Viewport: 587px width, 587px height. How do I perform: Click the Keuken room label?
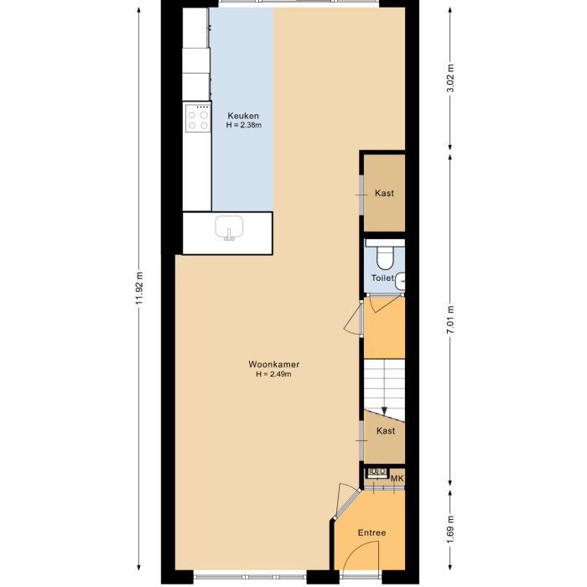(x=243, y=116)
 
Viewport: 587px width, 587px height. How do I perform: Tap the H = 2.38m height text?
(x=243, y=125)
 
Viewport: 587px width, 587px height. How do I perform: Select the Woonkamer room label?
(x=274, y=365)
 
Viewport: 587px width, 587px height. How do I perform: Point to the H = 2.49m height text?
(x=274, y=375)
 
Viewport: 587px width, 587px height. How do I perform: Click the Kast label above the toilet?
(x=385, y=193)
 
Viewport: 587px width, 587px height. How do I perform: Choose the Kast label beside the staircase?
(x=386, y=431)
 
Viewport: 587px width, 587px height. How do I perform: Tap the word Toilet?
(x=382, y=278)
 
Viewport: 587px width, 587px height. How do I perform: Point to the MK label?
(x=397, y=478)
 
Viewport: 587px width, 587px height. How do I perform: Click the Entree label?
(x=371, y=532)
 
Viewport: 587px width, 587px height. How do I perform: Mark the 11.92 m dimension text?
(x=139, y=289)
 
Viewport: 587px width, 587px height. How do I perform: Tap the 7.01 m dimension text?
(x=450, y=319)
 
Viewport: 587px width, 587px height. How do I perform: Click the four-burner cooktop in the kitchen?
(x=198, y=118)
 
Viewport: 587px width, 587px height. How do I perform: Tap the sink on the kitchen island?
(x=229, y=228)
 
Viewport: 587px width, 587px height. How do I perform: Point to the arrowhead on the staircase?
(x=384, y=410)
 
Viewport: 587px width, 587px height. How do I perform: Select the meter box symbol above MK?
(x=377, y=473)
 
